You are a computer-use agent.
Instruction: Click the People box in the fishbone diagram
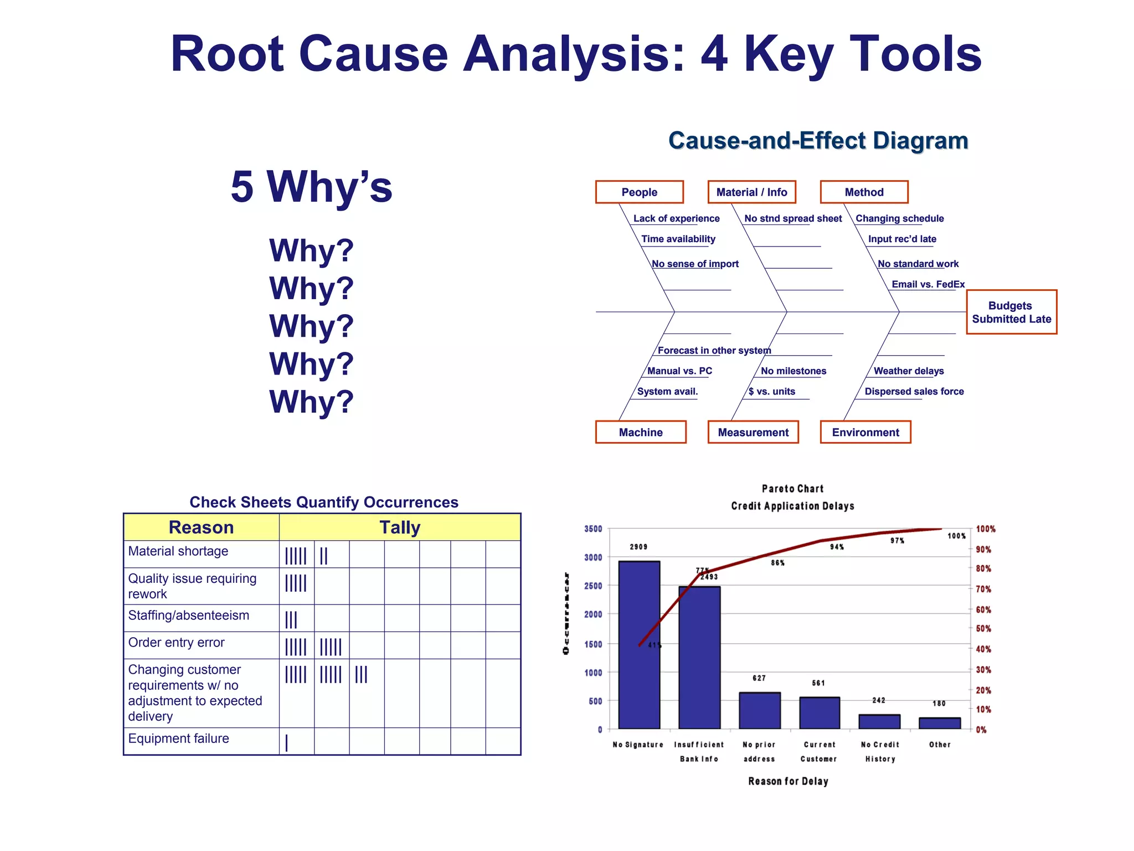click(x=639, y=192)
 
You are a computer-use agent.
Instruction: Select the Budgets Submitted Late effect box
click(x=1011, y=312)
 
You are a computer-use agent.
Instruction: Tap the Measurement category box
click(x=753, y=432)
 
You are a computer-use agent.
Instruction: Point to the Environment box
click(x=865, y=432)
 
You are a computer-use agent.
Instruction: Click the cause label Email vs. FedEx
click(x=928, y=284)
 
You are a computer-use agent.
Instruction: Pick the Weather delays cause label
click(x=909, y=371)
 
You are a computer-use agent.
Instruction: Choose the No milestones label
click(x=793, y=371)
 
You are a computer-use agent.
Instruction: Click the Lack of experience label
click(x=676, y=218)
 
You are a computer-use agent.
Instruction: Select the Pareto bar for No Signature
click(x=639, y=645)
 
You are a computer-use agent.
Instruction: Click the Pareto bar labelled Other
click(x=940, y=723)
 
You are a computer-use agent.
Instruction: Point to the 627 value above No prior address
click(x=759, y=678)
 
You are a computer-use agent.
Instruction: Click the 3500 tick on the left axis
click(x=593, y=529)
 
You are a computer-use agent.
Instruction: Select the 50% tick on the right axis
click(x=983, y=629)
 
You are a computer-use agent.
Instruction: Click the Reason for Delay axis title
click(x=788, y=781)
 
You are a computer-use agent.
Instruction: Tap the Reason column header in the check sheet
click(x=201, y=527)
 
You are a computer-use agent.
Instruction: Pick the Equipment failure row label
click(x=178, y=739)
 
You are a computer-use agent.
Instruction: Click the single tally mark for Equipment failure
click(x=286, y=742)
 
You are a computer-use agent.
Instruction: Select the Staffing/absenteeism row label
click(x=188, y=616)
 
